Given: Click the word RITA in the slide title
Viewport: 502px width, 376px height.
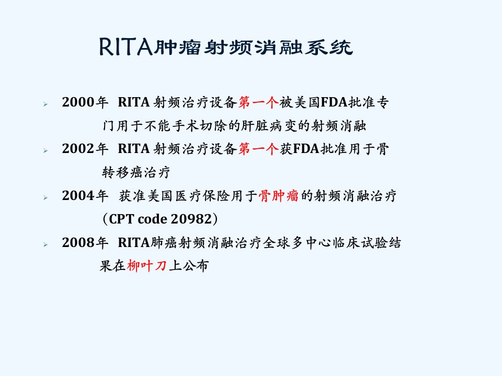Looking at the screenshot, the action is click(126, 47).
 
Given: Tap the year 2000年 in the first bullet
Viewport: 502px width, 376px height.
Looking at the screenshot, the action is click(85, 102).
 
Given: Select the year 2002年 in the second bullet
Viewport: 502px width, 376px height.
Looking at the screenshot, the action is click(85, 149).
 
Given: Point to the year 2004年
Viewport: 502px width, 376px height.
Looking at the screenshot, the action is click(85, 196).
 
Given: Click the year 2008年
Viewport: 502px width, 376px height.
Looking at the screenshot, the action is click(85, 243).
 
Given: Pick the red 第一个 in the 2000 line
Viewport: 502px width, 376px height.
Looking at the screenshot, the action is click(258, 102).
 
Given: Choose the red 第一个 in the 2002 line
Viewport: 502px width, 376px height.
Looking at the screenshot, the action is click(258, 149).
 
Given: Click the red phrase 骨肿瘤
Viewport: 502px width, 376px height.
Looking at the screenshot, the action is click(279, 196).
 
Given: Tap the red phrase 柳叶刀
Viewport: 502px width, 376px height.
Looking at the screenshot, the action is click(147, 266).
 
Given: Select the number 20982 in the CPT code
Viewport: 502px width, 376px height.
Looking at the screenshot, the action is click(191, 219).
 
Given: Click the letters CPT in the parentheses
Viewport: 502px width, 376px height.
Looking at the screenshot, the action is click(121, 219).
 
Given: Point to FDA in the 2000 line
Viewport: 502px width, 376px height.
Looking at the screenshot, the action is click(334, 102).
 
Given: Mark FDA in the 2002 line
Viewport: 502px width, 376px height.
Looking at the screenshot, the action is click(306, 149).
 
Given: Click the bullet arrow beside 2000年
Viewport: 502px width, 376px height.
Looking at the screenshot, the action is click(45, 104).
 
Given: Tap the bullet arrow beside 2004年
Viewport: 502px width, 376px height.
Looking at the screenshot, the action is click(45, 197).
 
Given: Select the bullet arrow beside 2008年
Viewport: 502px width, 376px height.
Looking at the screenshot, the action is click(45, 244).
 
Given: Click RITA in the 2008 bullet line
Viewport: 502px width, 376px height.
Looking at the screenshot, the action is click(134, 243).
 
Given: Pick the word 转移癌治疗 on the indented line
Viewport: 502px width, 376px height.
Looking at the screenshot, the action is click(136, 172).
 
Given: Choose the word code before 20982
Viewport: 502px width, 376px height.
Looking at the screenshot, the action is click(152, 219).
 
